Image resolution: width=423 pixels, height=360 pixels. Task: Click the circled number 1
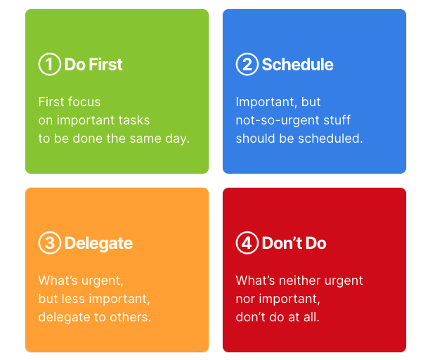49,65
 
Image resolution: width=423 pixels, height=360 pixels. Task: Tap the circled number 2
247,65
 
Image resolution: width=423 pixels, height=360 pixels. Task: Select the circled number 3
49,243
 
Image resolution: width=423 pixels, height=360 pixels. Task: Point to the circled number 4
247,243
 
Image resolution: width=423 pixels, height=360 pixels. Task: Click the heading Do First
93,65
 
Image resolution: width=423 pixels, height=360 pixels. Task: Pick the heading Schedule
297,65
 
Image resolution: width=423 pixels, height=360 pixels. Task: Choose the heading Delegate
98,243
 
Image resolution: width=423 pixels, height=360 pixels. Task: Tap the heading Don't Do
294,243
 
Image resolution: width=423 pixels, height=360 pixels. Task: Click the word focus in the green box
84,102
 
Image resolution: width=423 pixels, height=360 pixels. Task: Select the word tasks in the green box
134,120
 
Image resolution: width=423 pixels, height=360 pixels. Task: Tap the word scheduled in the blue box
334,139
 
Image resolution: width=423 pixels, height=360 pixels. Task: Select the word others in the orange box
133,317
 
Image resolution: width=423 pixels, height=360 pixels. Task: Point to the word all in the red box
309,317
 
